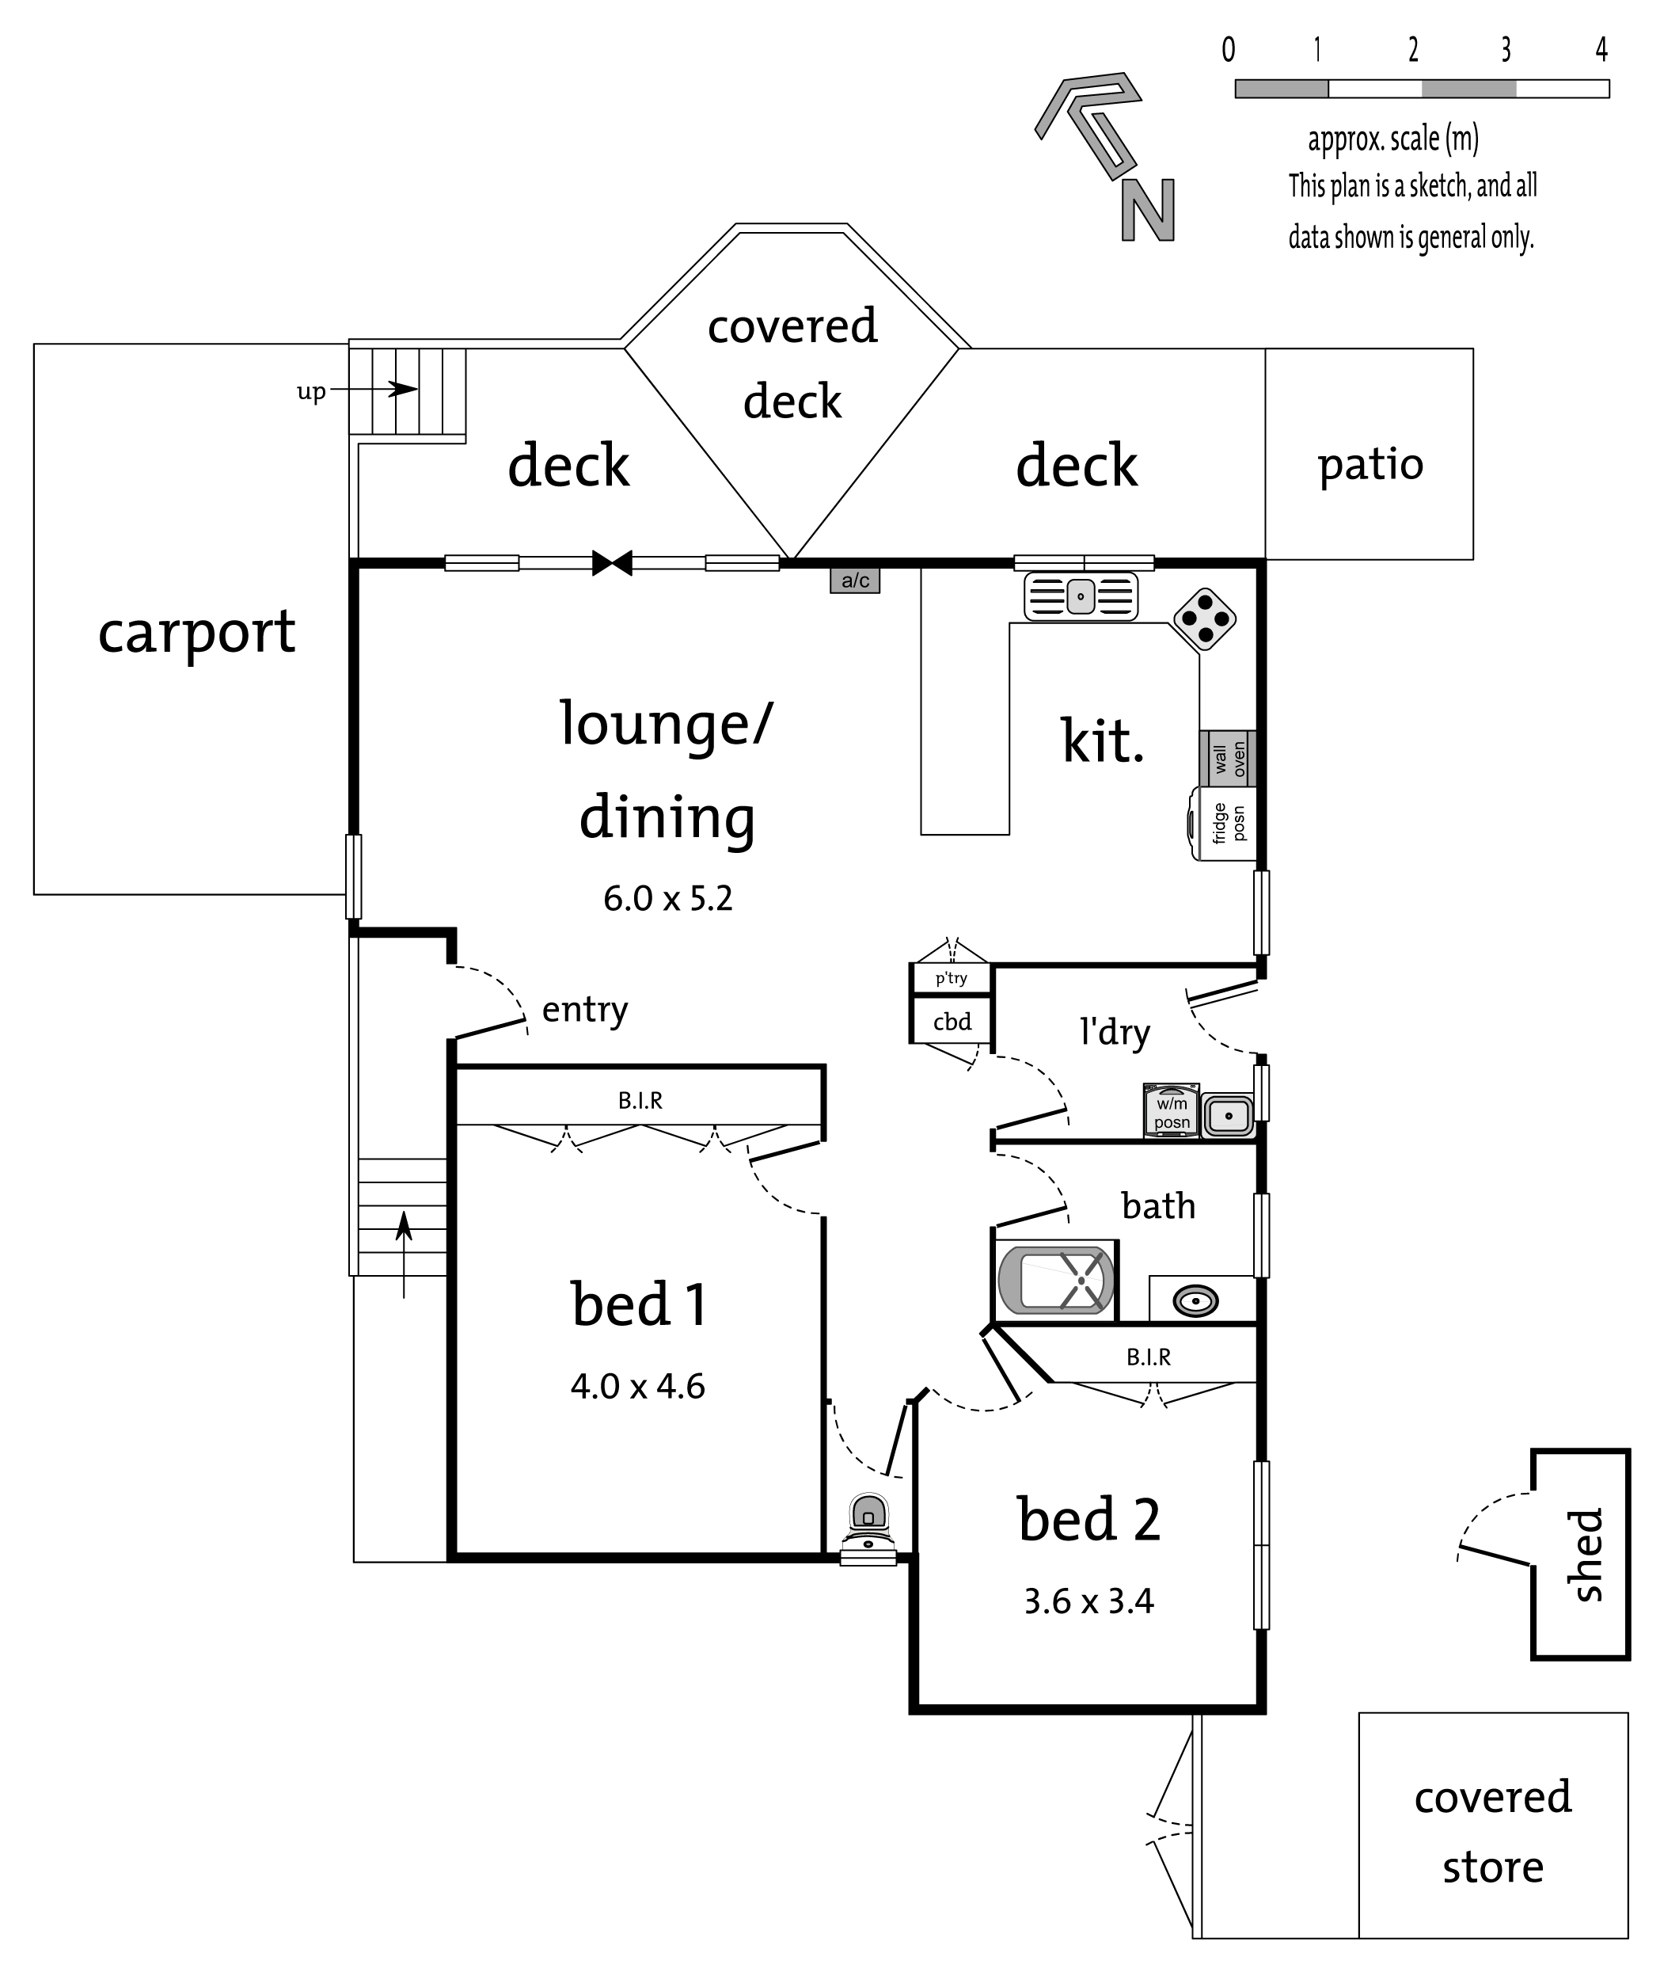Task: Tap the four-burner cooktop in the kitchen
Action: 1205,620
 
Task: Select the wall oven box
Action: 1227,758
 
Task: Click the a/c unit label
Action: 855,581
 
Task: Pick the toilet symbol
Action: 868,1528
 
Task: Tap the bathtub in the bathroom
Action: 1055,1281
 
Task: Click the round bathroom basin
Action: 1195,1301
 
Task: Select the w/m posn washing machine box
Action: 1172,1110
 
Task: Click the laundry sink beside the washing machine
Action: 1227,1116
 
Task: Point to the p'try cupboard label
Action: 951,978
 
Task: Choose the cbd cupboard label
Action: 952,1022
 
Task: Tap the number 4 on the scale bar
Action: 1601,49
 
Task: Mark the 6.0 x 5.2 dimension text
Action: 668,898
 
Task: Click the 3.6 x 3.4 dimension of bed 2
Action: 1088,1601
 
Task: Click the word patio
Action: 1370,465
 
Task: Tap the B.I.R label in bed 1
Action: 640,1100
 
